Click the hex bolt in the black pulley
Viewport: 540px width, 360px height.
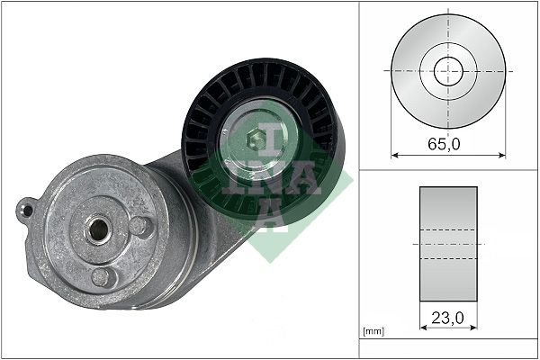255,139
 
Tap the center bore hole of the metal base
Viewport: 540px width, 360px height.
95,229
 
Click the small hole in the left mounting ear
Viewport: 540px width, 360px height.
28,211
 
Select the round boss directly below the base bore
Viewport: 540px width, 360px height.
104,276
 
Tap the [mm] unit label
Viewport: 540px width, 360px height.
373,332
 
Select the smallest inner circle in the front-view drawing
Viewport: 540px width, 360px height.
448,71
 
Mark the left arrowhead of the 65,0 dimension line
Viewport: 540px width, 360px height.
394,155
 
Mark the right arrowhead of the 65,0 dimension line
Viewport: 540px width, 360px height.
502,155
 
